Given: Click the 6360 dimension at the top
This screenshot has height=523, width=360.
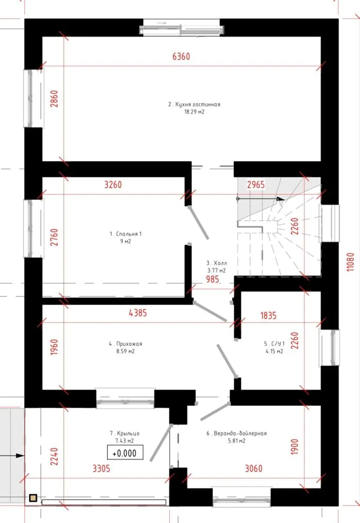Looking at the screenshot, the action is pyautogui.click(x=181, y=56).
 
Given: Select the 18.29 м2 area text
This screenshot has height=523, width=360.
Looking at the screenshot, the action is pyautogui.click(x=195, y=112).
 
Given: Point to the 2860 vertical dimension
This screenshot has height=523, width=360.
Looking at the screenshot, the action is pyautogui.click(x=54, y=99).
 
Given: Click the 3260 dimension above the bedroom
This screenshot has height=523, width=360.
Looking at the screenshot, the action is pyautogui.click(x=113, y=185).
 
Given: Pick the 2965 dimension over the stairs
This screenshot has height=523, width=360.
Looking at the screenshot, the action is pyautogui.click(x=255, y=185).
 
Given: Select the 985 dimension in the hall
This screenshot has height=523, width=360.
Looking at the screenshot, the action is pyautogui.click(x=212, y=279).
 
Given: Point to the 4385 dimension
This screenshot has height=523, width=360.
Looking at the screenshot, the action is pyautogui.click(x=138, y=313).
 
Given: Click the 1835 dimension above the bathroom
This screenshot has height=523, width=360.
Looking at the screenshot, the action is pyautogui.click(x=269, y=316).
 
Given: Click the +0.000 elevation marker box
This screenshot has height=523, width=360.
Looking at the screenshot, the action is pyautogui.click(x=125, y=453).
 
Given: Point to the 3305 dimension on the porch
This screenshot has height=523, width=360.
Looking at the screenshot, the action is pyautogui.click(x=101, y=469).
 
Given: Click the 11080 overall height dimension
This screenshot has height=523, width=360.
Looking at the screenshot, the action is pyautogui.click(x=350, y=262).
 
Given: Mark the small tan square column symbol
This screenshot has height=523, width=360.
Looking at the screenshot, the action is pyautogui.click(x=33, y=498).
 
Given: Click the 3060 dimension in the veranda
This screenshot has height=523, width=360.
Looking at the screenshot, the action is pyautogui.click(x=254, y=469).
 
